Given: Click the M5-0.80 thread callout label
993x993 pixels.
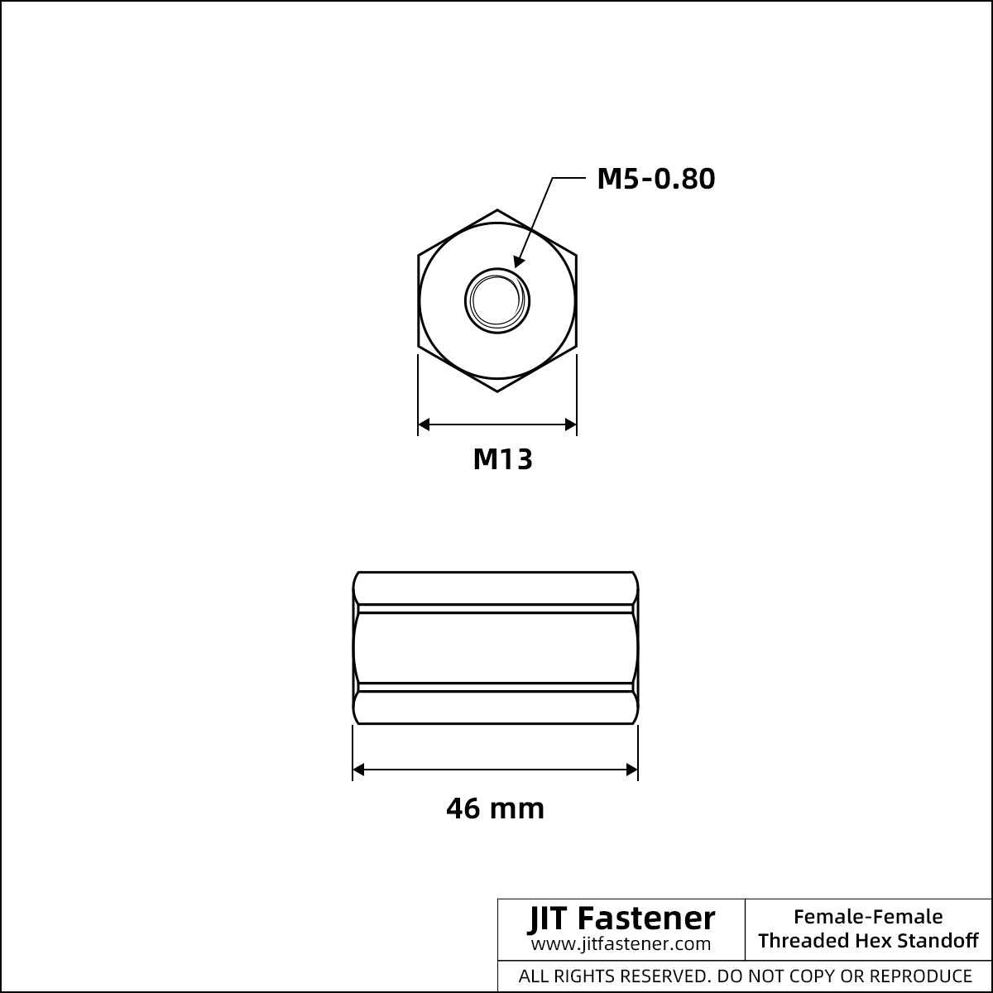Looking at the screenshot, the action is (x=656, y=179).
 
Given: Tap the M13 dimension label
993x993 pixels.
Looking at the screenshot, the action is (x=502, y=459).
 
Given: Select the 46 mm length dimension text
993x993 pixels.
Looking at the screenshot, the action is (x=495, y=808).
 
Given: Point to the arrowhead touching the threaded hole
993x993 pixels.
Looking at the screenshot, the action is (x=518, y=261).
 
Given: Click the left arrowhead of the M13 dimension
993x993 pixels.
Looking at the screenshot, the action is (x=424, y=425).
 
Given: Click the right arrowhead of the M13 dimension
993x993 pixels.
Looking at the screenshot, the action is (x=570, y=425).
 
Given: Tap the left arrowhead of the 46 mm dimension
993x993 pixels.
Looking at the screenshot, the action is (x=358, y=770).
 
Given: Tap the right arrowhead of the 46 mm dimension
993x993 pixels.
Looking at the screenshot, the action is (x=631, y=770).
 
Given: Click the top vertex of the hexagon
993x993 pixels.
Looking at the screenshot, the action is (x=497, y=209).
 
